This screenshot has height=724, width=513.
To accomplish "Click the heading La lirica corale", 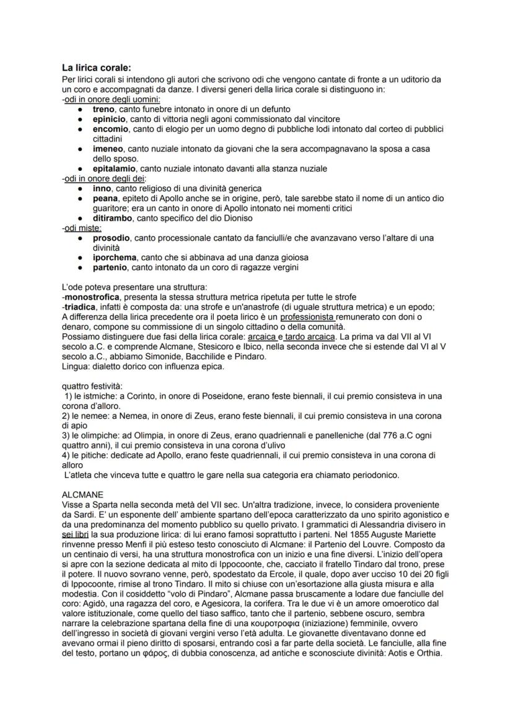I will point(96,68).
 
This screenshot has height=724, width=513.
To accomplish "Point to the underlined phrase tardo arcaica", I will point(309,337).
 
